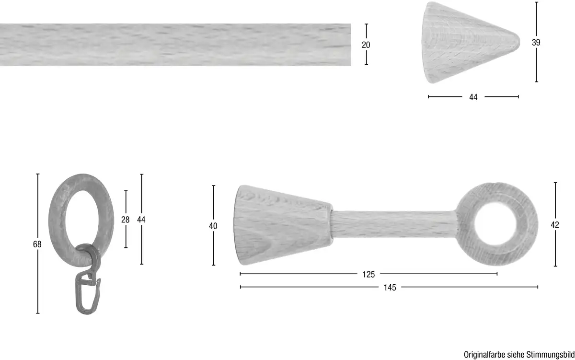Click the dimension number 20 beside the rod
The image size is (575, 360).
point(366,45)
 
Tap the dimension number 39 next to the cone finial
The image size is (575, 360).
point(536,42)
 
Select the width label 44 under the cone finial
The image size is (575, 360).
point(473,97)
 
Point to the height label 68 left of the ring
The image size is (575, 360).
point(37,244)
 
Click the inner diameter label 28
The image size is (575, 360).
point(125,220)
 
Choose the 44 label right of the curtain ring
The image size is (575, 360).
point(141,220)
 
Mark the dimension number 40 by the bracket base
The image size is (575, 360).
point(213,226)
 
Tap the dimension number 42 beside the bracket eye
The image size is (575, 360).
point(555,225)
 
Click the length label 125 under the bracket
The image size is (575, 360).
point(368,275)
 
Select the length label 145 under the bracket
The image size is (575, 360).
point(390,288)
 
